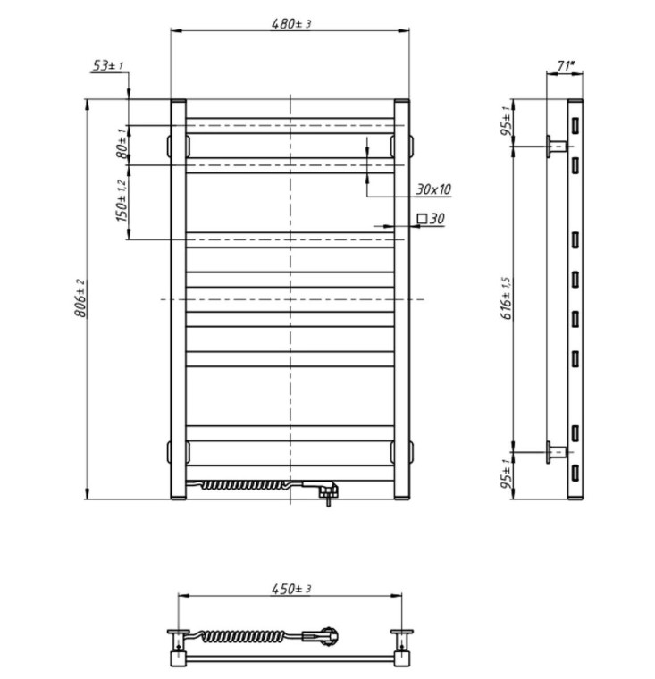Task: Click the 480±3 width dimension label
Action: [291, 23]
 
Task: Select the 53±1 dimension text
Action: [108, 66]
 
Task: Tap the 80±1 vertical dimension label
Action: [122, 143]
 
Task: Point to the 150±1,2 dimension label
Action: [122, 201]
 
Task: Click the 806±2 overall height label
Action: [81, 298]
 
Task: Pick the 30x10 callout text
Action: [433, 189]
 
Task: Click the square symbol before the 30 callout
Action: [422, 219]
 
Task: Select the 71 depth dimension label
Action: [565, 66]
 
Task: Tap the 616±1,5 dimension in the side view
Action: [507, 298]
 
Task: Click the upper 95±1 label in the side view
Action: [507, 121]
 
